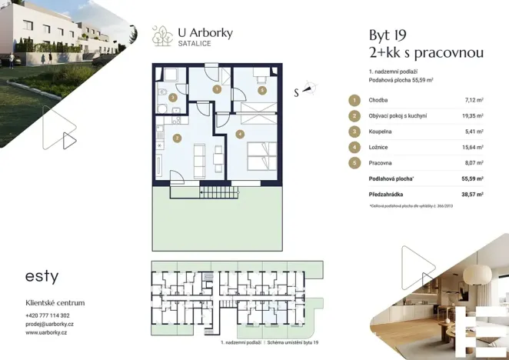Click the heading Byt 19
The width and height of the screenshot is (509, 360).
pos(388,35)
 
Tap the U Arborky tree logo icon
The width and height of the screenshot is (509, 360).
pos(161,35)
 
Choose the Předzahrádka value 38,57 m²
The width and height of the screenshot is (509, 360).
pos(471,195)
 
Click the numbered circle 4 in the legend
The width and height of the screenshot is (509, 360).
pos(354,147)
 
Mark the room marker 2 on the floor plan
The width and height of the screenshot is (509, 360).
pos(177,138)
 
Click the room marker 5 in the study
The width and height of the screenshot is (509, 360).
pos(262,90)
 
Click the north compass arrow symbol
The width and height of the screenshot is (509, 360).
pos(308,88)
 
